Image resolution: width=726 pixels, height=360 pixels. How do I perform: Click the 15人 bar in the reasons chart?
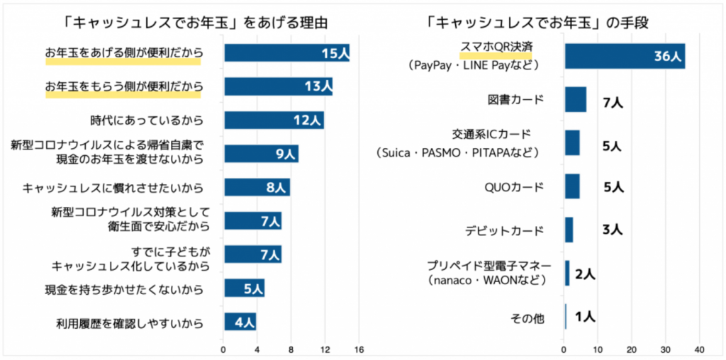[x=286, y=53]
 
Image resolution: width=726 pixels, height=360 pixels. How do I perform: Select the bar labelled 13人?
[x=278, y=86]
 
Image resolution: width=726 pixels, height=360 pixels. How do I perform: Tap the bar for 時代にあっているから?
[x=274, y=120]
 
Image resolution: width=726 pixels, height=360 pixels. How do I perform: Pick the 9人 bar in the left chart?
[x=261, y=154]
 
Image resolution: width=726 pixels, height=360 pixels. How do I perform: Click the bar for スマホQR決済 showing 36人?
[x=624, y=56]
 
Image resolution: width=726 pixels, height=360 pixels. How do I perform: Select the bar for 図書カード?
[x=575, y=100]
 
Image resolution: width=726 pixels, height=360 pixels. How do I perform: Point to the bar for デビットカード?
[x=569, y=230]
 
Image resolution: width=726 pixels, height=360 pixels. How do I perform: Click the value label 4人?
[x=244, y=322]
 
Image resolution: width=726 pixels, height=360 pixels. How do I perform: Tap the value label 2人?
[x=585, y=274]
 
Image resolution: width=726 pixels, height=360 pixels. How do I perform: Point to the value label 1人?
[x=585, y=317]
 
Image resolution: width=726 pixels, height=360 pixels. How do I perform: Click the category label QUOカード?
[x=514, y=188]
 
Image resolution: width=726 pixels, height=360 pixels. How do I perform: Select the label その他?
[x=527, y=319]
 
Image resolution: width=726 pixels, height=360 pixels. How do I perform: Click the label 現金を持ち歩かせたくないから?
[x=123, y=289]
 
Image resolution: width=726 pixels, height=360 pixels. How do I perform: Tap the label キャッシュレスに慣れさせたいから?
[x=113, y=188]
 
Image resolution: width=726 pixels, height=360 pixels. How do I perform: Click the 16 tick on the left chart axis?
[x=359, y=349]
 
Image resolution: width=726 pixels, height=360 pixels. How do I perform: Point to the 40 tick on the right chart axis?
[x=699, y=349]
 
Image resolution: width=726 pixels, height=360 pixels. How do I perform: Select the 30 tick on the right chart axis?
[x=665, y=349]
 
